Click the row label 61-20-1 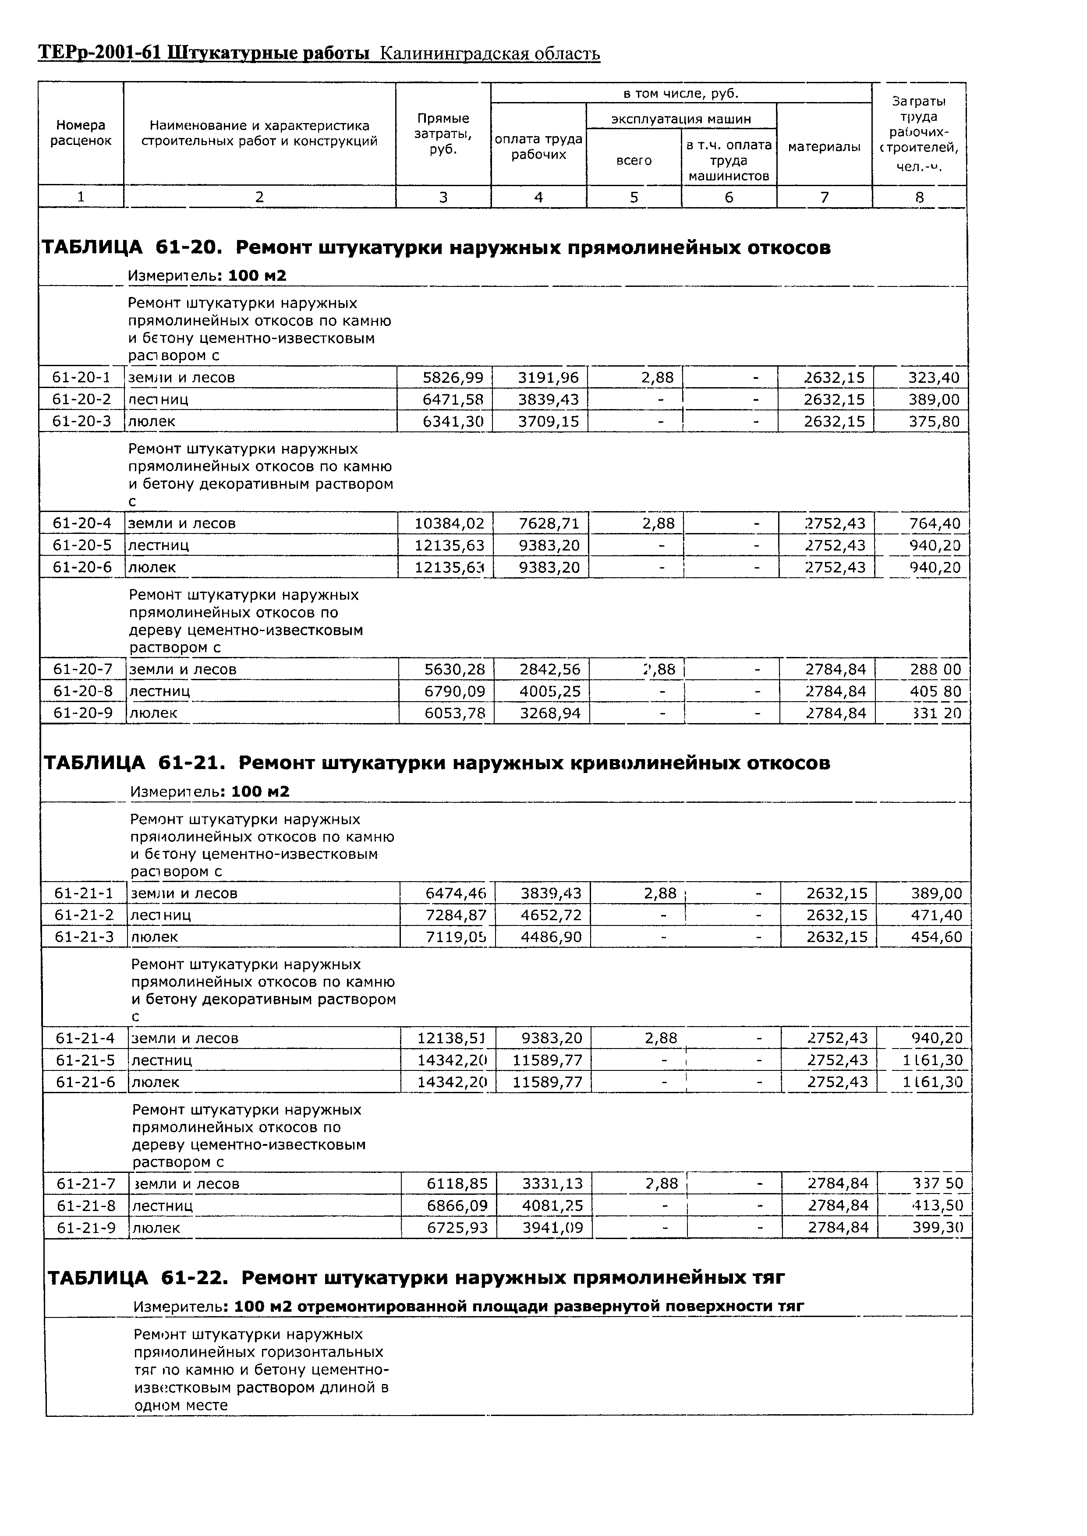81,377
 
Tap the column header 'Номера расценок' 80,133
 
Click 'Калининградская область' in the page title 489,53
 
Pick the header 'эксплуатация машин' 681,119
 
